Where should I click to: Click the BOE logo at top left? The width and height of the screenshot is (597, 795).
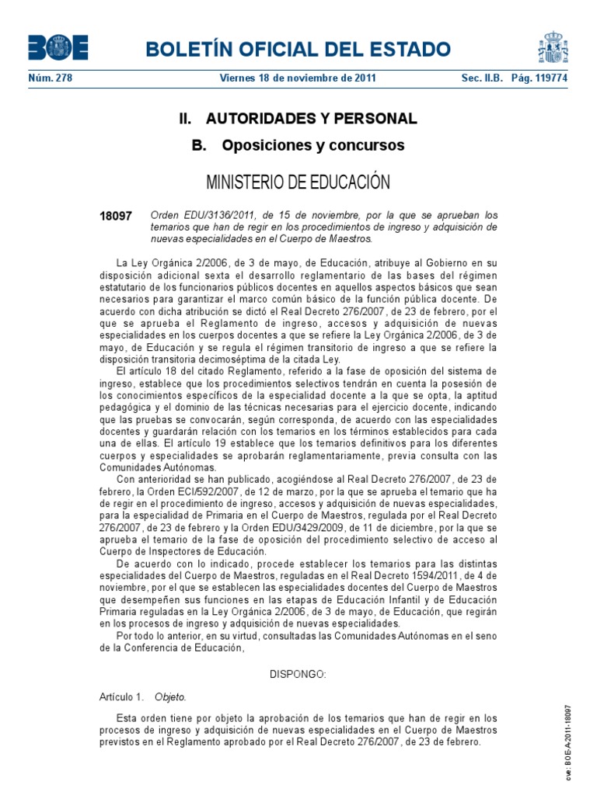point(58,48)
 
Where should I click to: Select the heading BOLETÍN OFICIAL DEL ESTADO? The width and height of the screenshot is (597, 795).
point(292,50)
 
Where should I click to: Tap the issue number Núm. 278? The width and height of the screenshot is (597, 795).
point(50,78)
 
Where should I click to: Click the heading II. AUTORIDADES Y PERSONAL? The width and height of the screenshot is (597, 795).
point(298,119)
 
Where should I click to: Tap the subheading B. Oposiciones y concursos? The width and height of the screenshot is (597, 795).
point(298,145)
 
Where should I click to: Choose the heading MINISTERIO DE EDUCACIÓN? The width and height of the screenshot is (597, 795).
point(298,182)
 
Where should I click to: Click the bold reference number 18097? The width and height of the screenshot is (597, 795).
point(117,215)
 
